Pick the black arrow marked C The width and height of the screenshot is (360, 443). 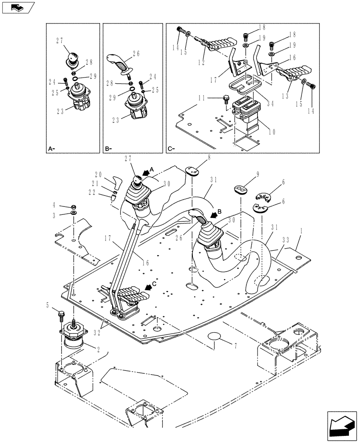pos(151,286)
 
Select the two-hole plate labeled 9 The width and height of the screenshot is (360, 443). pos(240,190)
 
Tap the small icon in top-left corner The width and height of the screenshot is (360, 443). pos(18,7)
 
